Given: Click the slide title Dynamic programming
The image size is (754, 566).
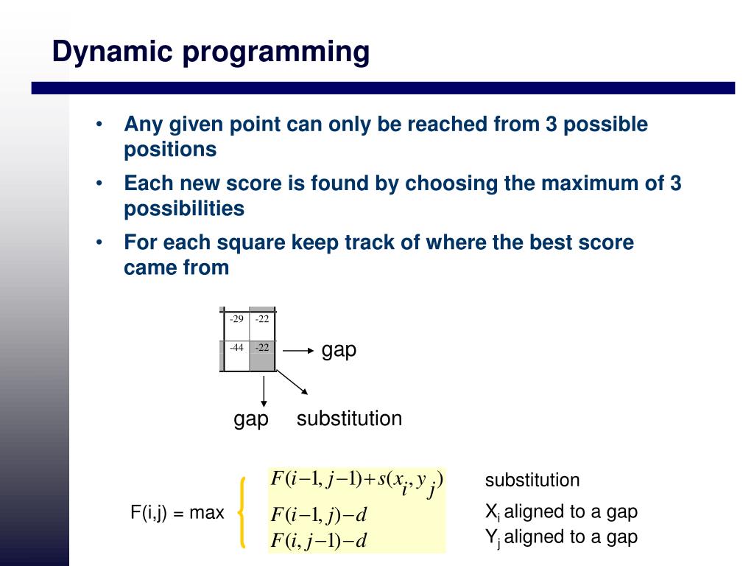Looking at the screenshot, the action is [x=211, y=52].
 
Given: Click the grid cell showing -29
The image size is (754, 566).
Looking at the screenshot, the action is [x=236, y=324].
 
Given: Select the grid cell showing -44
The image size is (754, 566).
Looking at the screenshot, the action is [x=236, y=353].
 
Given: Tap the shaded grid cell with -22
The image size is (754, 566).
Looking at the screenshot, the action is [x=262, y=353].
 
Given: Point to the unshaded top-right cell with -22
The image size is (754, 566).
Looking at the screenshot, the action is [x=262, y=324].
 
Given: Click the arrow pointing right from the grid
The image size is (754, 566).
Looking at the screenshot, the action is [x=299, y=352].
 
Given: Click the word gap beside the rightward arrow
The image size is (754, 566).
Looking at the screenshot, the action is [x=339, y=350].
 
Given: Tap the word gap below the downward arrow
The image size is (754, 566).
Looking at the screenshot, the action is [x=251, y=419].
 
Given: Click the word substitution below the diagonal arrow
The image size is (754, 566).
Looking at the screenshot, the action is [x=349, y=419].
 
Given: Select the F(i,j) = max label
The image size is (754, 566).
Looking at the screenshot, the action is [x=177, y=512].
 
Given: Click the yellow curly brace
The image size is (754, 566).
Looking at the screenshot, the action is [x=242, y=512].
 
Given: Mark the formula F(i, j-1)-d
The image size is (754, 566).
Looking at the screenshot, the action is [x=319, y=541].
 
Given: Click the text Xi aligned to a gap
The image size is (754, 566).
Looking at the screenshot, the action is [x=561, y=511].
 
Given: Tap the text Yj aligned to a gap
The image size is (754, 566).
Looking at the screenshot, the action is [x=561, y=537].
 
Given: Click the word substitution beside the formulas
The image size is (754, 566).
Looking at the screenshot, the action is [x=532, y=481].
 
